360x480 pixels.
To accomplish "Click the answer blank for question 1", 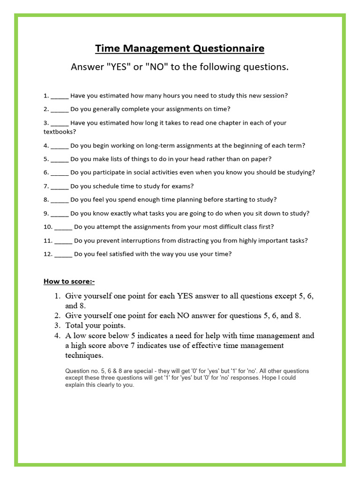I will click(x=60, y=96).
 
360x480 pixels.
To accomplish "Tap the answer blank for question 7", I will click(x=60, y=187).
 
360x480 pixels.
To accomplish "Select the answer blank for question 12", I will click(x=63, y=255).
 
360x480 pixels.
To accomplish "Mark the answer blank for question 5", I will click(x=60, y=159).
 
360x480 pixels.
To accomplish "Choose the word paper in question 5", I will click(x=260, y=159).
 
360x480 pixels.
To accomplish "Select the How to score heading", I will click(x=69, y=281).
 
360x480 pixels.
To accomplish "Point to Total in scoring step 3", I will click(x=75, y=325).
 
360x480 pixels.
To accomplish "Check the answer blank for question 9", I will click(x=60, y=214).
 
